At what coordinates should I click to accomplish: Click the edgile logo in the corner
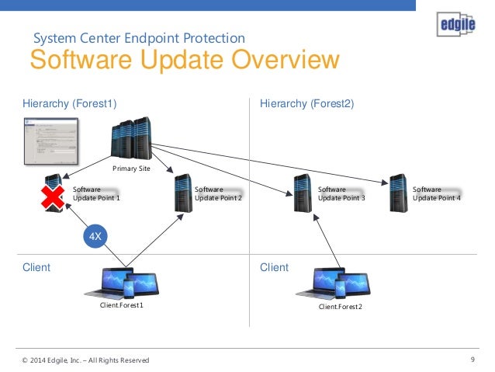(454, 26)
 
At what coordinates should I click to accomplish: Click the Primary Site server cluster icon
(130, 140)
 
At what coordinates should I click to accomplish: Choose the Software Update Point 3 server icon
(303, 193)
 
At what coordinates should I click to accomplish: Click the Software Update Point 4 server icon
(399, 193)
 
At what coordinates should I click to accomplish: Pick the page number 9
(472, 359)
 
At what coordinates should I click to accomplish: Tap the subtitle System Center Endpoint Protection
(140, 37)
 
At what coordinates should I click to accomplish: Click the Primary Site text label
(131, 169)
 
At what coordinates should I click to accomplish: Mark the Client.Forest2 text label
(341, 307)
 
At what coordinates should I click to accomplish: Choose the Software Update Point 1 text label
(96, 193)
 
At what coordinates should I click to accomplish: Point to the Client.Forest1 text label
(122, 305)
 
